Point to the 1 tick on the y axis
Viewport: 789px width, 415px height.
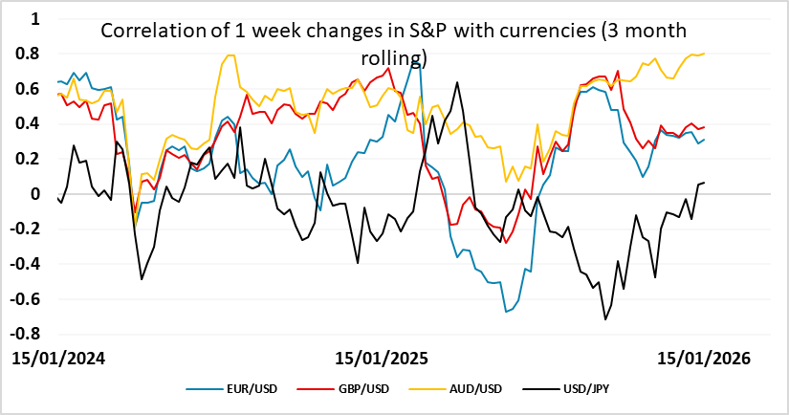point(35,18)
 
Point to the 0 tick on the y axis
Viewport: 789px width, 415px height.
point(35,194)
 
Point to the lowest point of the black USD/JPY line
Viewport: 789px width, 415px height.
point(604,319)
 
